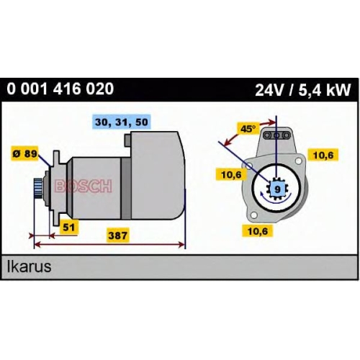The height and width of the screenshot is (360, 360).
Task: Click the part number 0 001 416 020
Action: (60, 89)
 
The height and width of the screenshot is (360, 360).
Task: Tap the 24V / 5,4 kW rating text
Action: (303, 90)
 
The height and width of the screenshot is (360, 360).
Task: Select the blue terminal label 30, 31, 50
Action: (122, 122)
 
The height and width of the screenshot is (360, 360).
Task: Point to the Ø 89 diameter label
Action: (25, 153)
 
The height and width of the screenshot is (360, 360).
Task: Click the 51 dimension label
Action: (69, 227)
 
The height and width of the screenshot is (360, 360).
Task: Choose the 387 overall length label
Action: (117, 235)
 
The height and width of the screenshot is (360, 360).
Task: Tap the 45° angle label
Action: (248, 129)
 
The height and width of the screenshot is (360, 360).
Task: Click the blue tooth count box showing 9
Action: (277, 189)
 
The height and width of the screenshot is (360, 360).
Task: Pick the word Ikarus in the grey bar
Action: (29, 266)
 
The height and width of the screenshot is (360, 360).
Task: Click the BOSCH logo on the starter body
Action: (84, 186)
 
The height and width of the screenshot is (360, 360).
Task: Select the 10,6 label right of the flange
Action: (323, 155)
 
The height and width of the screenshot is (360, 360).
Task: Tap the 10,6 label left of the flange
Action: (231, 174)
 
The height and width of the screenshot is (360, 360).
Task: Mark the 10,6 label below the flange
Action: (258, 231)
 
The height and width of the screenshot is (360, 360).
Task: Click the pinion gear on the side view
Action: (38, 188)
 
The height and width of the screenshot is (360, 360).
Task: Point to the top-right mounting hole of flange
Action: (298, 161)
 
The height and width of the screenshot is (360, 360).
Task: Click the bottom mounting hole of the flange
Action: (254, 215)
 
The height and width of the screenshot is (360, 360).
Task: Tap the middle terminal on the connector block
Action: (276, 135)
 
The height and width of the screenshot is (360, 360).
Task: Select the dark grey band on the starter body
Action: (126, 188)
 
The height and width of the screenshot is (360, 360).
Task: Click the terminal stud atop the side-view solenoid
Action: (127, 140)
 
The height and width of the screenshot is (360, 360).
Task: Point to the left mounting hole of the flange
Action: (249, 166)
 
